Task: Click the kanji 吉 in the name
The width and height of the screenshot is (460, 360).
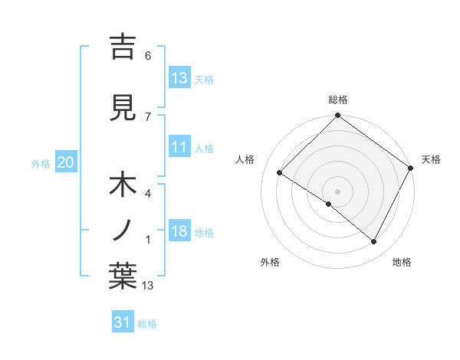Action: coord(123,47)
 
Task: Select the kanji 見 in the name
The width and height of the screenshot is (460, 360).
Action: coord(123,107)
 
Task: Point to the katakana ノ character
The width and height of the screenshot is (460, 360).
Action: coord(123,229)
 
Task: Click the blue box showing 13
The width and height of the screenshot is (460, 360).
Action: coord(179,77)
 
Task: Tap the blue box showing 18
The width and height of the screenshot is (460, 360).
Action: coord(179,231)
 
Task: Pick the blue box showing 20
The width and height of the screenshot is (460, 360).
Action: coord(66,162)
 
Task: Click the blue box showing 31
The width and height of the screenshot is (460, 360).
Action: coord(123,322)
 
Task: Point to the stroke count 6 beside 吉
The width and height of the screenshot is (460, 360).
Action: coord(148,56)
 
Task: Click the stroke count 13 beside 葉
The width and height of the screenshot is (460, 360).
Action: coord(148,286)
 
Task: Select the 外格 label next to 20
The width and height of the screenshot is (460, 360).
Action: coord(41,163)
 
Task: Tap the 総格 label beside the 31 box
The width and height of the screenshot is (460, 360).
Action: coord(147,324)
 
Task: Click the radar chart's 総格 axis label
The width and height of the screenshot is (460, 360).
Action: coord(337,100)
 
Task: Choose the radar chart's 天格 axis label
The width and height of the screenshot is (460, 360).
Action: coord(431,159)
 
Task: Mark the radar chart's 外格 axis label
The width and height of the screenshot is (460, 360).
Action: coord(270,262)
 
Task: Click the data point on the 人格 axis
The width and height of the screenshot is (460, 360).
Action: coord(280,173)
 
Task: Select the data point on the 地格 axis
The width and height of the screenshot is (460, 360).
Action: coord(374,242)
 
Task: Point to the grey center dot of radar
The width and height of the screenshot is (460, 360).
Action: coord(337,191)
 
